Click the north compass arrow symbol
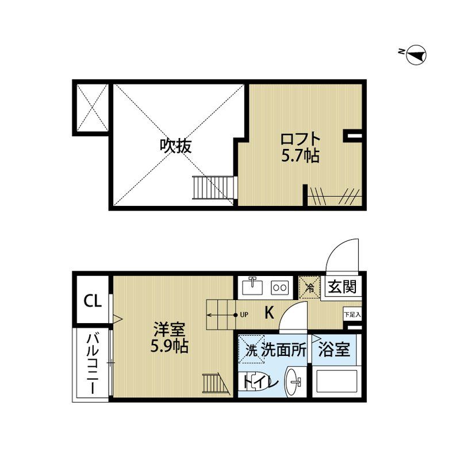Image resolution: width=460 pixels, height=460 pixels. (415, 55)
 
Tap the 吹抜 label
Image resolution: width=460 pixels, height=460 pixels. (175, 146)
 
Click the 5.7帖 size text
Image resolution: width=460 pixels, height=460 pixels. (300, 156)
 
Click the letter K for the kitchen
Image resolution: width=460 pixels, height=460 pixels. (269, 313)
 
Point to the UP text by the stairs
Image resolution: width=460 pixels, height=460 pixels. (244, 315)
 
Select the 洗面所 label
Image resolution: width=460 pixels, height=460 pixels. (284, 351)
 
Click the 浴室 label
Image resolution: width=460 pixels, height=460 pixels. (333, 351)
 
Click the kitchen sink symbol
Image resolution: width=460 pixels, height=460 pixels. (252, 286)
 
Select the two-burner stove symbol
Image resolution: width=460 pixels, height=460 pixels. (279, 286)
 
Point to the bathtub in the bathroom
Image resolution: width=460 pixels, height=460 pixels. (336, 384)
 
